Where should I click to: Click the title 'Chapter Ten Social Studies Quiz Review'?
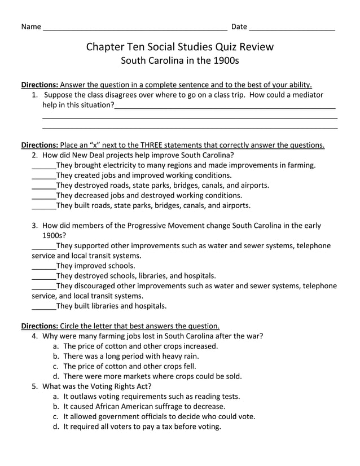(x=179, y=47)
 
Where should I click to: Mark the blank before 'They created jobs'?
(x=43, y=175)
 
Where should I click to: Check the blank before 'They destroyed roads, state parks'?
(x=43, y=186)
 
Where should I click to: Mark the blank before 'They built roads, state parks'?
(x=43, y=206)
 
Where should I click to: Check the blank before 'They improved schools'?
(x=43, y=266)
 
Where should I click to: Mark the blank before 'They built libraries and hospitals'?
(x=43, y=306)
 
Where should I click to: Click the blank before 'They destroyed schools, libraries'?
(x=43, y=276)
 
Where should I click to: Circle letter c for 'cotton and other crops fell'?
(x=56, y=366)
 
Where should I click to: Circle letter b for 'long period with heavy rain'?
(x=56, y=356)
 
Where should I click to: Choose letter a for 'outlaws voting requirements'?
(x=56, y=396)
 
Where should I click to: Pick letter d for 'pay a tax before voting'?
(x=56, y=427)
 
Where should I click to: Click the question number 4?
(x=34, y=336)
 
